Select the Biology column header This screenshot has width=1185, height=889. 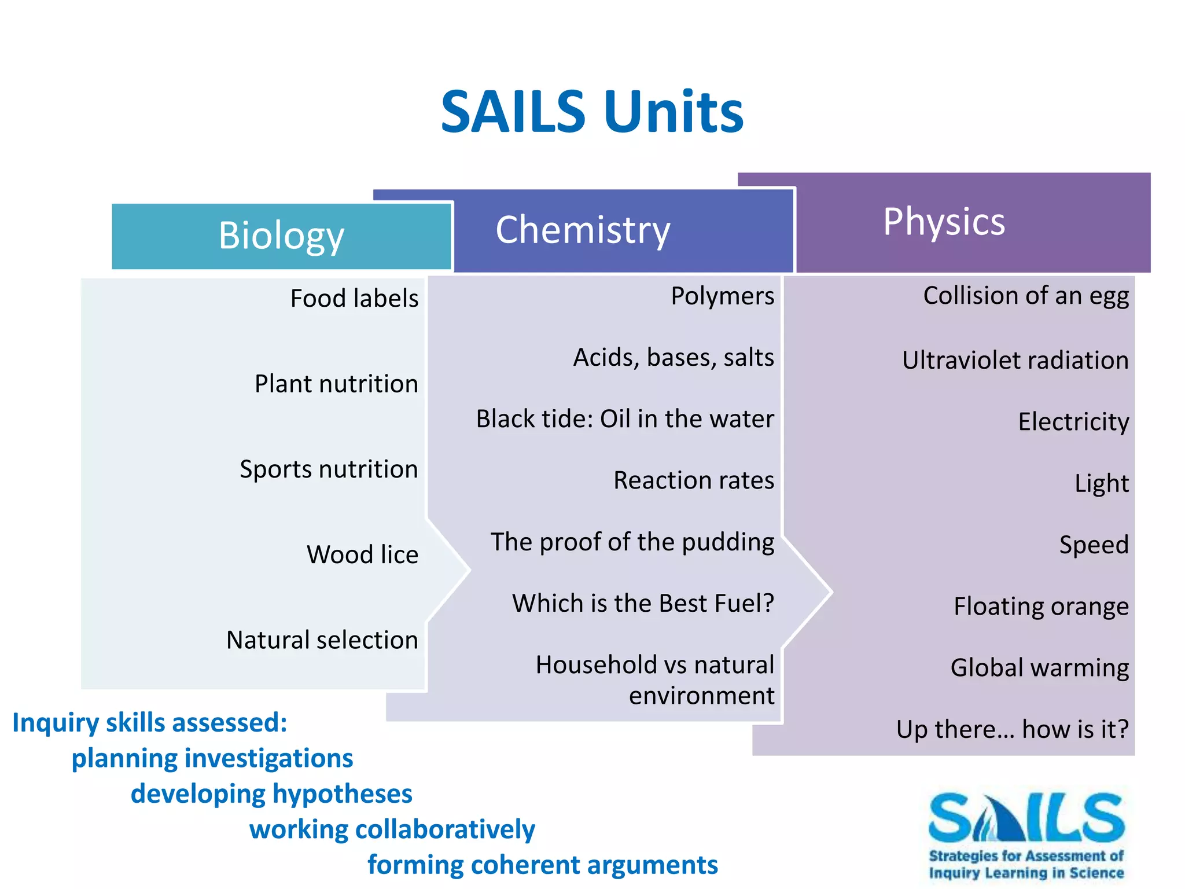[281, 236]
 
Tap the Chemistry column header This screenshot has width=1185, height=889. [583, 230]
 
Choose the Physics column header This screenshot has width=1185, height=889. [944, 222]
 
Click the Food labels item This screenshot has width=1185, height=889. [354, 299]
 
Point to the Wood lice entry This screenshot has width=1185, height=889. [362, 554]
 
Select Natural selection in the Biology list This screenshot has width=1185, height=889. [322, 640]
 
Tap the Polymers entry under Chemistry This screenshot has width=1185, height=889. [722, 296]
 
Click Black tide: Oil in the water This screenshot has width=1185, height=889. [625, 419]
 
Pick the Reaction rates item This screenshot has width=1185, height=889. [694, 480]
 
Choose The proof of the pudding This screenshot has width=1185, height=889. [632, 542]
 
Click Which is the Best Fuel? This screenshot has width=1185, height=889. [643, 604]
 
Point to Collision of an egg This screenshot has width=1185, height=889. [1026, 296]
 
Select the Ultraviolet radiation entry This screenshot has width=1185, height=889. [1015, 361]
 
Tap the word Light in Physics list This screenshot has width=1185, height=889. [1102, 483]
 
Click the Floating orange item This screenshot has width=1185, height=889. [1041, 607]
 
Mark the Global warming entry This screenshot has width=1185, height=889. [1039, 668]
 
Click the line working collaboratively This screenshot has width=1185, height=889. [392, 829]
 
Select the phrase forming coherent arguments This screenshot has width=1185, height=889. [543, 865]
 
